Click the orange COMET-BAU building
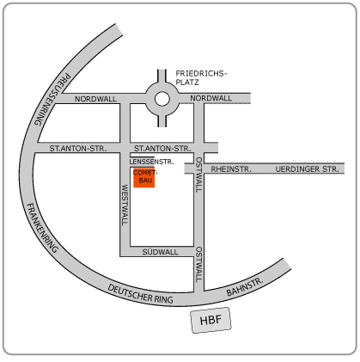144,177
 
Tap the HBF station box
211,320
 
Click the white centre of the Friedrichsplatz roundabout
162,99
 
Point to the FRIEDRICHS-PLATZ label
201,78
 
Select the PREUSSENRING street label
52,100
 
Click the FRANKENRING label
42,228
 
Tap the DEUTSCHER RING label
140,294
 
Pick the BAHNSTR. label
245,287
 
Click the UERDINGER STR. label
307,169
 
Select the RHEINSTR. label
231,169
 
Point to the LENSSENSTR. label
151,162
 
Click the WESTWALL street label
125,205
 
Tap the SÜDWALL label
160,252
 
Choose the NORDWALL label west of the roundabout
95,99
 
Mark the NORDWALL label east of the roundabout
211,98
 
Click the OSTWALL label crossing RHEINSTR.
198,175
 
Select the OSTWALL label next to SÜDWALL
198,265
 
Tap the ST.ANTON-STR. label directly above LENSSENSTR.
162,149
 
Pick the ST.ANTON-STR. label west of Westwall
78,149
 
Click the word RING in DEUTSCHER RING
164,299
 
